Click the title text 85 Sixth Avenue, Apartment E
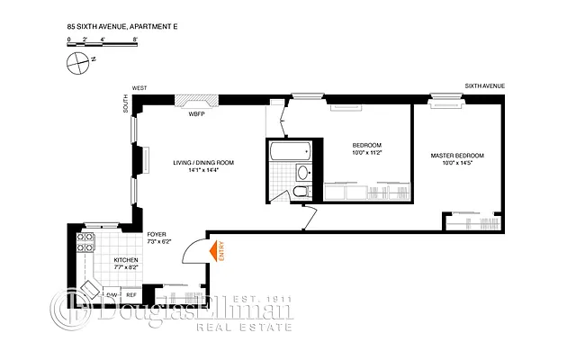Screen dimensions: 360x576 (117, 28)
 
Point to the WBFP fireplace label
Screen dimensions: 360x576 (195, 114)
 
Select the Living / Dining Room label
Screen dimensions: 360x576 (203, 163)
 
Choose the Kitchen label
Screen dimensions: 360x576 (125, 259)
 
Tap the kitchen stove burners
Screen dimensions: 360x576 (87, 242)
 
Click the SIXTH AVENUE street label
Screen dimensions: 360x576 (484, 86)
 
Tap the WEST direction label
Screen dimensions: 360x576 (139, 88)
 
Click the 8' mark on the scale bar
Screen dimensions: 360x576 (134, 40)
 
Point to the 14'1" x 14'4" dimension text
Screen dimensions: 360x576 (203, 171)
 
